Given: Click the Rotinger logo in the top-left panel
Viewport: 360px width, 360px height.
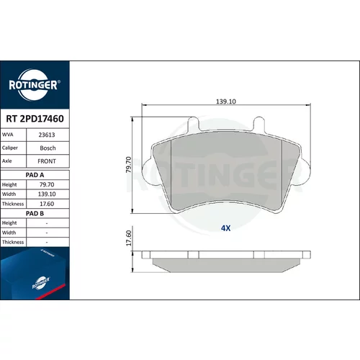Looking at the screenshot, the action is pyautogui.click(x=35, y=85).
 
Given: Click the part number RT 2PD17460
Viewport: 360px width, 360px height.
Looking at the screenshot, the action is pyautogui.click(x=35, y=119).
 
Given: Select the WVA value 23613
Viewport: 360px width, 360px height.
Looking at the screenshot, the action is pyautogui.click(x=47, y=135).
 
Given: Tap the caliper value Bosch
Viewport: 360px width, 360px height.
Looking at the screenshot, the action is pyautogui.click(x=48, y=148).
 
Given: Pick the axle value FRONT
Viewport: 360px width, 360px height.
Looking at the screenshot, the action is pyautogui.click(x=47, y=161).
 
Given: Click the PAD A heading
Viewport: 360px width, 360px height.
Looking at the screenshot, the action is pyautogui.click(x=35, y=175).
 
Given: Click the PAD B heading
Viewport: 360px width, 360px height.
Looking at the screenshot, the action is pyautogui.click(x=35, y=213).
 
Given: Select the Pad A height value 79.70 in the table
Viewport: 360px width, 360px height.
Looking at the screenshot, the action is pyautogui.click(x=47, y=184).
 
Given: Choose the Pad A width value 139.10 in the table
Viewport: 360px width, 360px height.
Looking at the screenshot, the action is pyautogui.click(x=47, y=194).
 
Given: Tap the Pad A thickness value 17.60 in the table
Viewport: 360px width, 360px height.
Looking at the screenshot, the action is pyautogui.click(x=47, y=204).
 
